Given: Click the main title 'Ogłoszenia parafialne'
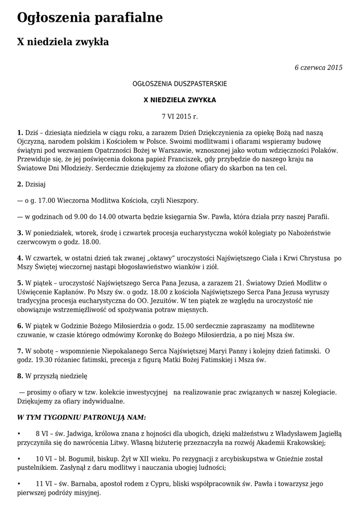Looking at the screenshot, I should (x=90, y=18).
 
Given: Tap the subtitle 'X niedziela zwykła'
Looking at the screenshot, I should (x=63, y=42).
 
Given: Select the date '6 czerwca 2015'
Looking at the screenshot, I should (x=318, y=67).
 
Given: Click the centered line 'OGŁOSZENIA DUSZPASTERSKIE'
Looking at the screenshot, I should (x=180, y=84).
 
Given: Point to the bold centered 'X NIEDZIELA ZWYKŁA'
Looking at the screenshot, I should (x=180, y=100).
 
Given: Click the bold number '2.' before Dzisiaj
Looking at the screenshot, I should (x=20, y=185).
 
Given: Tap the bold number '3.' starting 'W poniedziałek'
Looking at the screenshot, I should (x=20, y=233).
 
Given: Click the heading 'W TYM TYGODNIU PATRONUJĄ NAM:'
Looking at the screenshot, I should (x=81, y=417).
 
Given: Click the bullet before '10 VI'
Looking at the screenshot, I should (x=19, y=458).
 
